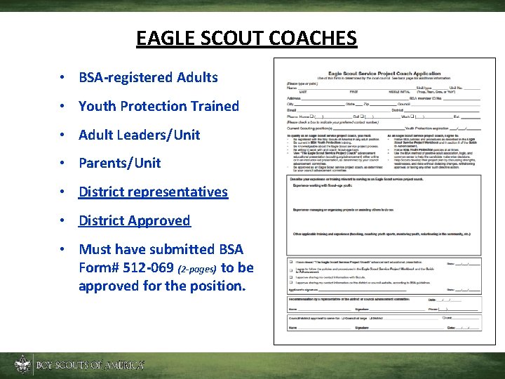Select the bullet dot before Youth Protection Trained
63,107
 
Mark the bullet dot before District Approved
63,220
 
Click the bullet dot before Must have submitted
63,249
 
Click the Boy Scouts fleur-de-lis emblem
22,364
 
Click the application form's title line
384,73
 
